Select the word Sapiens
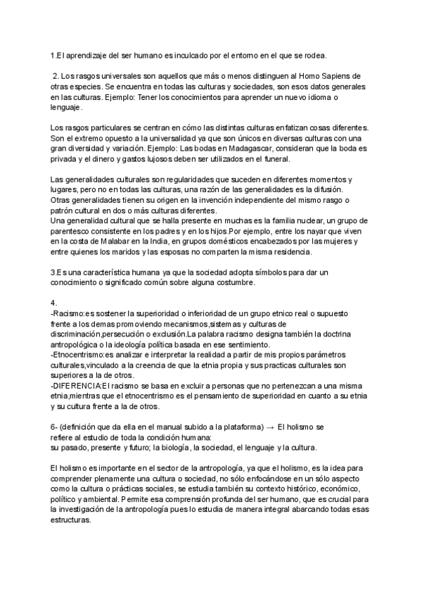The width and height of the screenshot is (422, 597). (340, 76)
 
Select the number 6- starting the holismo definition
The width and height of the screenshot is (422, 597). (55, 427)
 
